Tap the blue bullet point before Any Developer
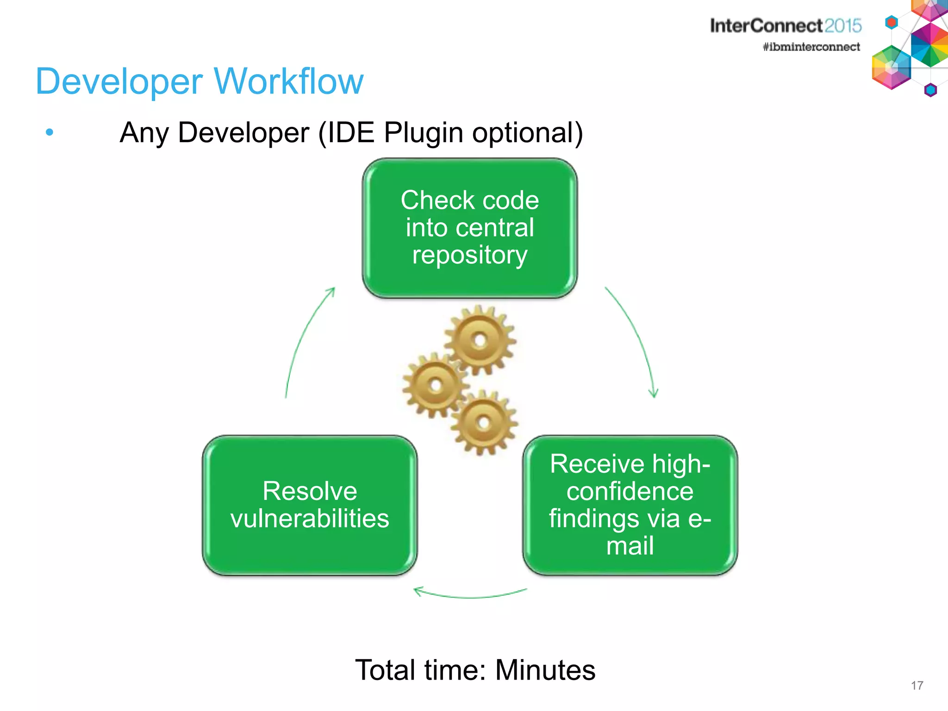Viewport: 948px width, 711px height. [50, 133]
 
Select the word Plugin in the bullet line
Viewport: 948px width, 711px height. [423, 133]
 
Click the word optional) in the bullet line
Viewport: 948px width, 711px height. [527, 133]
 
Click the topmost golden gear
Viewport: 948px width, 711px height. [480, 340]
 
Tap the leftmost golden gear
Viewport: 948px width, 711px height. [435, 385]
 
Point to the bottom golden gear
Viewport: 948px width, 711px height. [483, 422]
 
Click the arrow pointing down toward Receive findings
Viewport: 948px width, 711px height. [636, 338]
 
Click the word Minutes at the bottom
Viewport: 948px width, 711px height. [545, 670]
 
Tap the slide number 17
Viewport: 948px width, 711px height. [917, 686]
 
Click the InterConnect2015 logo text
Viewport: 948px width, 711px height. [785, 26]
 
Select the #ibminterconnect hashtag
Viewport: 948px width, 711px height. [811, 47]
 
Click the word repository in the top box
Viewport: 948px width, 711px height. [469, 256]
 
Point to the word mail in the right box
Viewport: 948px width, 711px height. [630, 546]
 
